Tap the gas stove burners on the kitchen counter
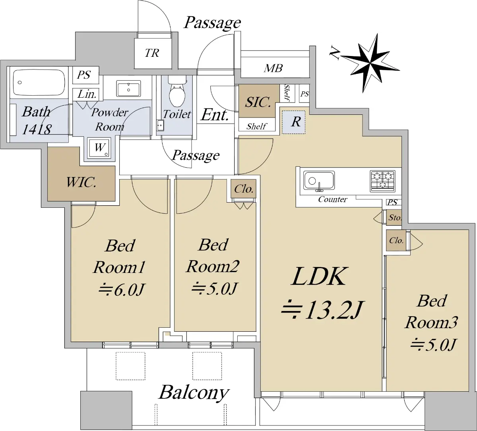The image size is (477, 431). coord(383,181)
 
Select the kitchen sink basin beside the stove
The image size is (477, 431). coord(319,182)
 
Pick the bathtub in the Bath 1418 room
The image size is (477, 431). coord(39,83)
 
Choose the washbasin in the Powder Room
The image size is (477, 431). coord(128,88)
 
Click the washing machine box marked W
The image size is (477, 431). coord(99,148)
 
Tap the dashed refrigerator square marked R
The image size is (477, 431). coord(293,122)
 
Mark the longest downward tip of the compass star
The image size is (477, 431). coord(363,93)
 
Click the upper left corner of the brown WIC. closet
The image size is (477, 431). coord(48,147)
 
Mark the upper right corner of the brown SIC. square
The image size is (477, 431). coord(279,85)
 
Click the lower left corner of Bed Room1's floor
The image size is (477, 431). coord(71,342)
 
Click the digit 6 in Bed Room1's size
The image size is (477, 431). coord(119,290)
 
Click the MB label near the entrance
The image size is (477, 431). coord(273,68)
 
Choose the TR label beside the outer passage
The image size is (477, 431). coord(152,53)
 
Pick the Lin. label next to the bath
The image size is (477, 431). coord(87,95)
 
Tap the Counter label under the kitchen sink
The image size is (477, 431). coord(333,199)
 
